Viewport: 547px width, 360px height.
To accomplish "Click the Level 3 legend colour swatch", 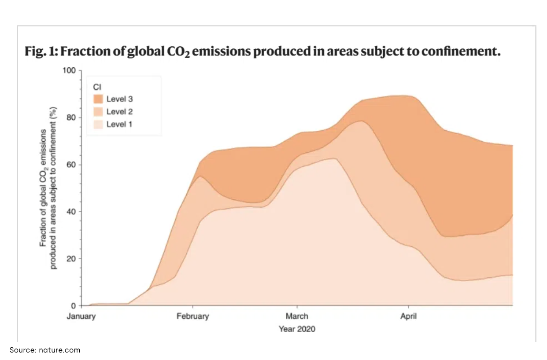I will [98, 99].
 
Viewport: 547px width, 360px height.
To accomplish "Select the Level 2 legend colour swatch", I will [98, 112].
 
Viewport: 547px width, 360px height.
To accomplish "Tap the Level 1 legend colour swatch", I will [98, 124].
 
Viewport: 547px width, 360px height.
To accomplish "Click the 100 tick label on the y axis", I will [70, 70].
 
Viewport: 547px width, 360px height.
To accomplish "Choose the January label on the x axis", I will [81, 316].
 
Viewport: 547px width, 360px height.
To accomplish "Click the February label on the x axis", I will [192, 316].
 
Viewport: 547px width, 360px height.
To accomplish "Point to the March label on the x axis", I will [297, 316].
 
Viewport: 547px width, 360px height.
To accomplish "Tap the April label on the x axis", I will [408, 316].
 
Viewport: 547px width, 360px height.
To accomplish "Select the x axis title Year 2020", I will [297, 329].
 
